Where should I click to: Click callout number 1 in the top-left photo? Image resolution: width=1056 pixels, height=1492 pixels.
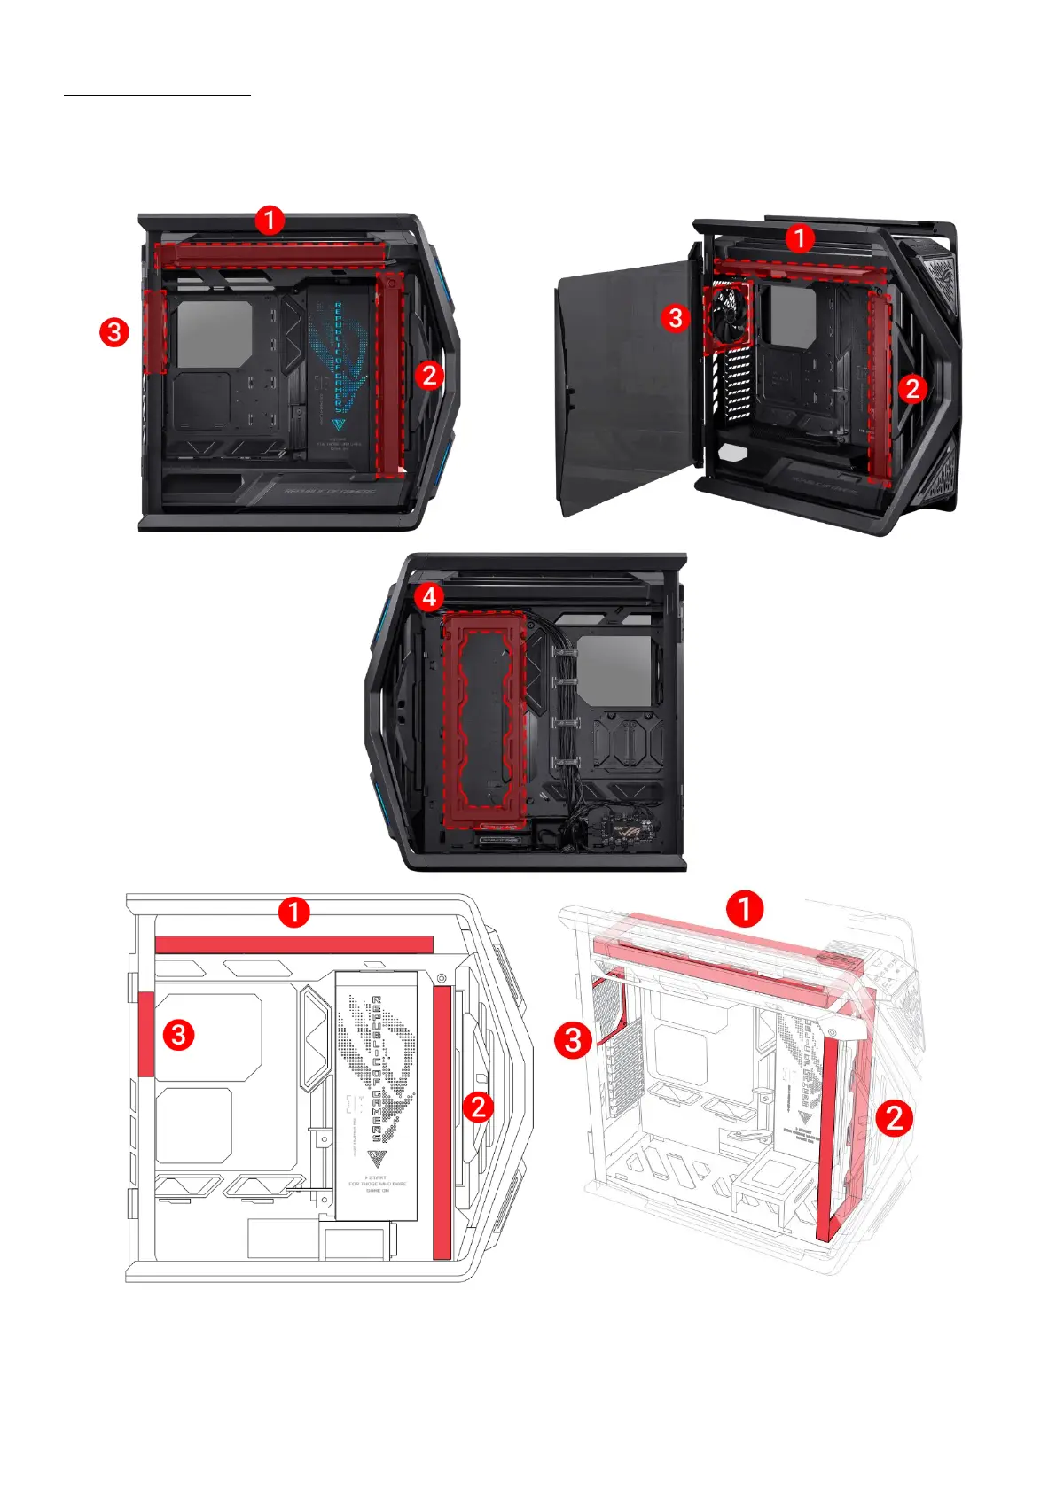tap(270, 220)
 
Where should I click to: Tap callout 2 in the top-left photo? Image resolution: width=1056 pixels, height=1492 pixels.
tap(429, 375)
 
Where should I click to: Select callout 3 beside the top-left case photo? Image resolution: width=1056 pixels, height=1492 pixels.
tap(114, 333)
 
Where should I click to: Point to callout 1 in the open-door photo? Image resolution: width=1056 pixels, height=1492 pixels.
tap(800, 238)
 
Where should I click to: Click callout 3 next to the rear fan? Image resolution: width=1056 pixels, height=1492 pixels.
tap(676, 317)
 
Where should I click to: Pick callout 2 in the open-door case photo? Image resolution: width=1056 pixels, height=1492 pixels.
tap(912, 388)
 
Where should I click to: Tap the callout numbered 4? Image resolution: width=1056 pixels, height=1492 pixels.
tap(429, 596)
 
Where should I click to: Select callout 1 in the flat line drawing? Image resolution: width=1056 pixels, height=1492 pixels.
tap(293, 912)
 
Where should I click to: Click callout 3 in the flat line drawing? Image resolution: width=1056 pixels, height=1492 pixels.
tap(179, 1034)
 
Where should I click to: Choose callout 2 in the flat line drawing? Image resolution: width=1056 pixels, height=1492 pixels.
tap(479, 1107)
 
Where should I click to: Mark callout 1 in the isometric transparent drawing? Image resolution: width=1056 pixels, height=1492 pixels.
tap(745, 909)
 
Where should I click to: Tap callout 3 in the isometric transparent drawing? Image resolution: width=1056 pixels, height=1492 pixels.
tap(573, 1040)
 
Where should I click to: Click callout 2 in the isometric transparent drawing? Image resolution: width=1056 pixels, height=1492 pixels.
tap(895, 1118)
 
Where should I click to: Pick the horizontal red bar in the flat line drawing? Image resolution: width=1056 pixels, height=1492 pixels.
tap(293, 944)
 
